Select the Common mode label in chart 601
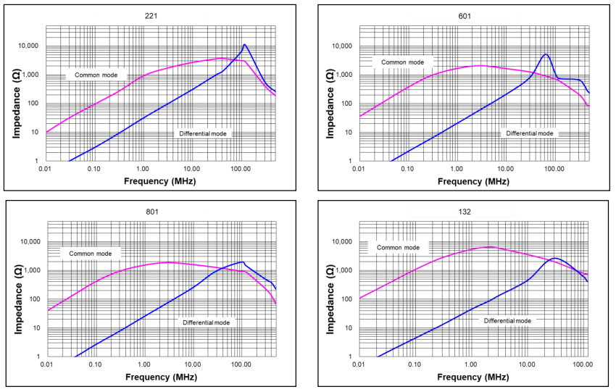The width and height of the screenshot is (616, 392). (402, 62)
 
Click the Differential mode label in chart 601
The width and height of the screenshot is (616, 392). (529, 133)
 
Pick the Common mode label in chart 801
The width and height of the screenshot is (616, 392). (91, 253)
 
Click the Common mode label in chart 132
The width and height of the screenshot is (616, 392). (398, 248)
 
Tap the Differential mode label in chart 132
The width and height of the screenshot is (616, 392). (507, 320)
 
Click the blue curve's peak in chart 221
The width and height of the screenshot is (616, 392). (244, 45)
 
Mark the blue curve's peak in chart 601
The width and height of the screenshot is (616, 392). (546, 54)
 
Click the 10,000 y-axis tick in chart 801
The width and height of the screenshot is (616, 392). (30, 242)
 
